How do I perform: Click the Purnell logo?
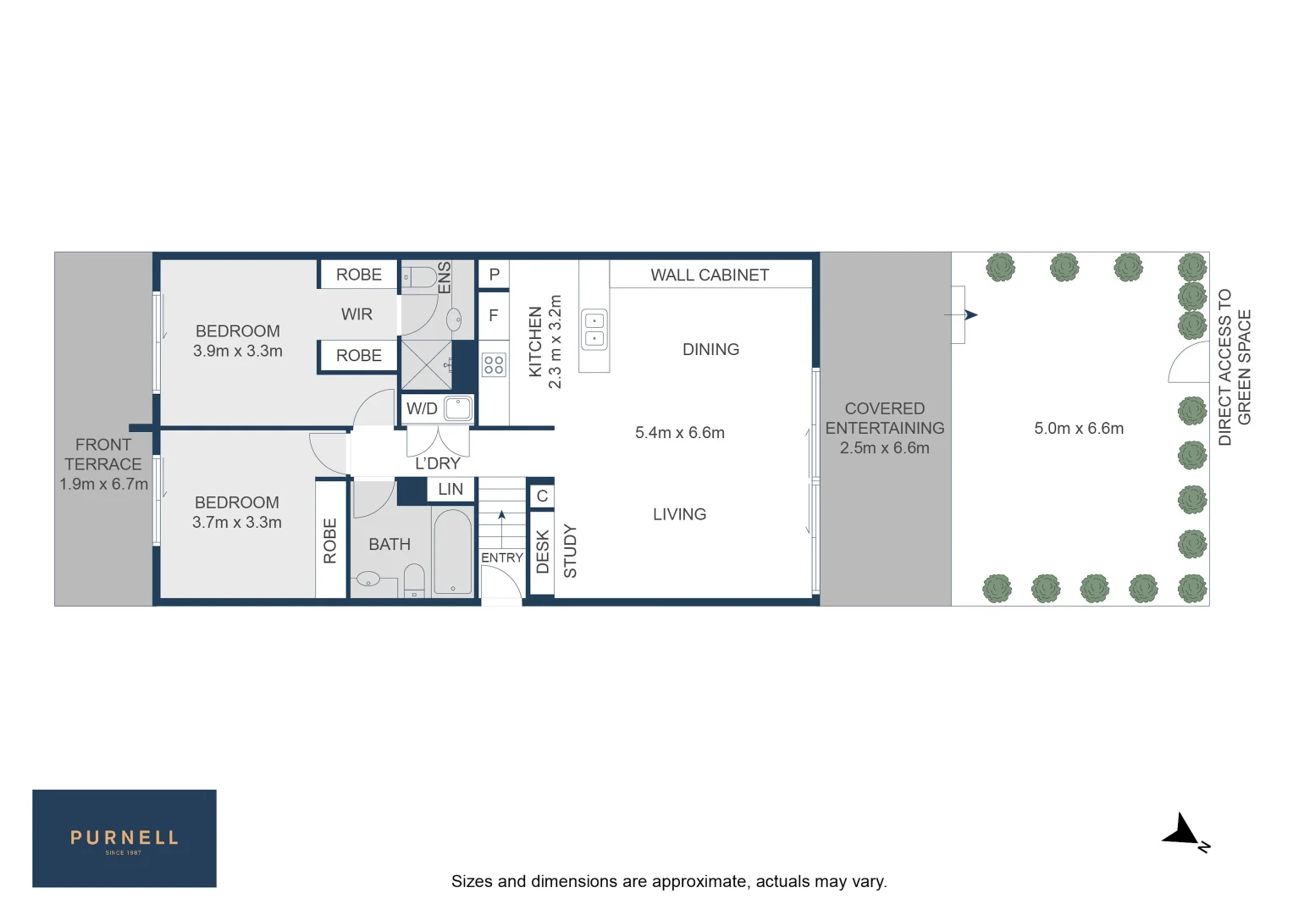pyautogui.click(x=124, y=839)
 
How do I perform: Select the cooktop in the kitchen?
pyautogui.click(x=494, y=365)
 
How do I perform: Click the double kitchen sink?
pyautogui.click(x=594, y=330)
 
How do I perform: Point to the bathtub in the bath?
pyautogui.click(x=453, y=552)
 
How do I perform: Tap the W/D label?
pyautogui.click(x=422, y=409)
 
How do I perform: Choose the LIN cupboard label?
pyautogui.click(x=450, y=490)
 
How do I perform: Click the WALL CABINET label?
pyautogui.click(x=710, y=275)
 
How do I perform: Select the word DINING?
pyautogui.click(x=710, y=350)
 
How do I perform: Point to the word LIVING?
pyautogui.click(x=679, y=514)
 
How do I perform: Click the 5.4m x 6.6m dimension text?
pyautogui.click(x=680, y=433)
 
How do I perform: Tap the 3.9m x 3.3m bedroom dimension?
pyautogui.click(x=238, y=351)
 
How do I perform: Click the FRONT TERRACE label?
pyautogui.click(x=103, y=455)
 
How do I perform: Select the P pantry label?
pyautogui.click(x=495, y=274)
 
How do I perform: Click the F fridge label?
pyautogui.click(x=494, y=316)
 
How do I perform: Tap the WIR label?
pyautogui.click(x=356, y=314)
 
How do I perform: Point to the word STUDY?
pyautogui.click(x=570, y=552)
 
